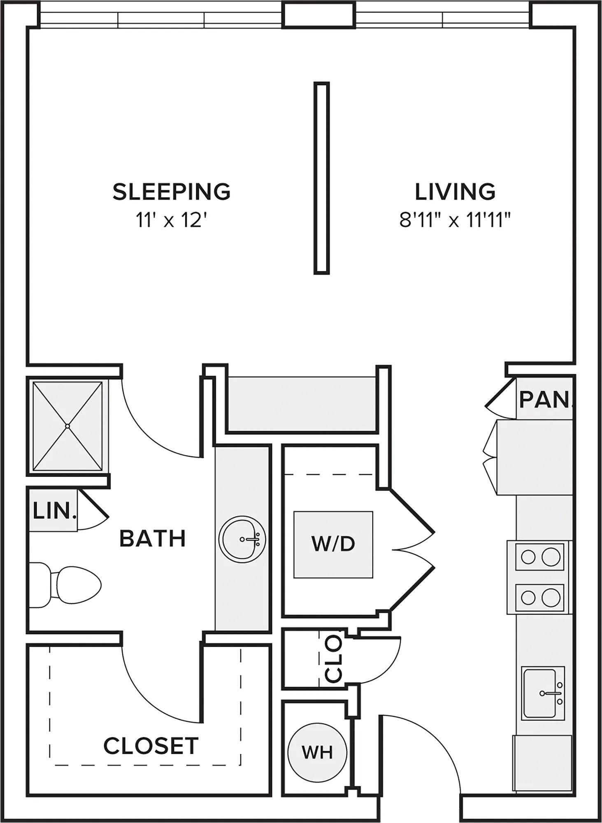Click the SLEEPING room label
[x=172, y=192]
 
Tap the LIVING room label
[x=455, y=192]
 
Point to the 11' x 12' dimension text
[x=171, y=221]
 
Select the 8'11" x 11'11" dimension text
[x=455, y=221]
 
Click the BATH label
[x=153, y=539]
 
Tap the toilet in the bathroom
[x=66, y=585]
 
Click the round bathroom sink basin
[x=242, y=539]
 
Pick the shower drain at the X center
[x=67, y=425]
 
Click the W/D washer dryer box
[x=333, y=544]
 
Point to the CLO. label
[x=333, y=658]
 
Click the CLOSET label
[x=151, y=746]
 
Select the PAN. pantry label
[x=546, y=399]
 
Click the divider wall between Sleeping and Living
[x=322, y=178]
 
